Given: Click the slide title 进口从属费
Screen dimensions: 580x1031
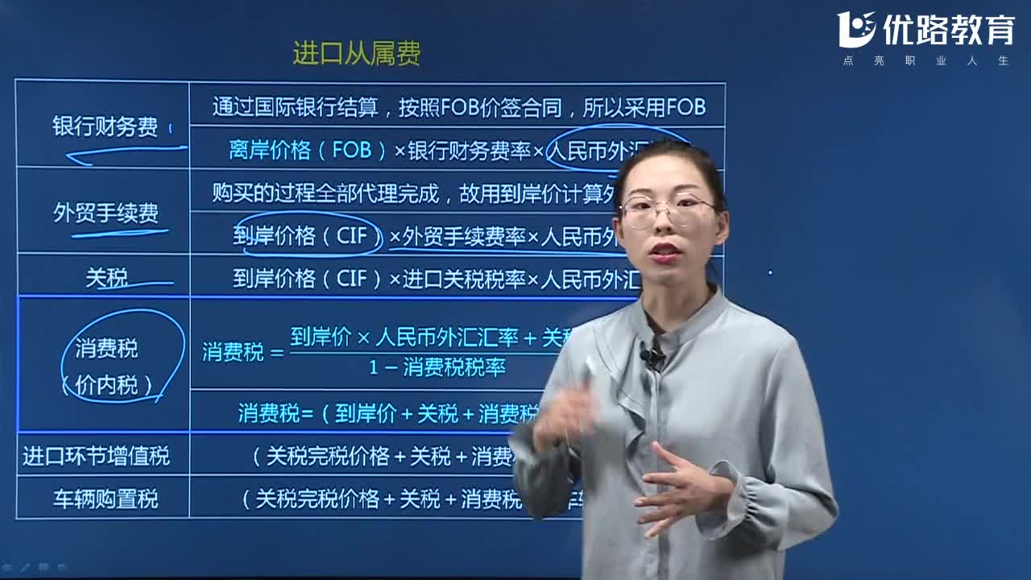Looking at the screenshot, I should click(x=356, y=54).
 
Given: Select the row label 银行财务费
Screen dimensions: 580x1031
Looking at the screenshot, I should click(x=105, y=127).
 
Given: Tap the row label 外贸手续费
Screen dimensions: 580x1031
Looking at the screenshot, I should click(x=106, y=213).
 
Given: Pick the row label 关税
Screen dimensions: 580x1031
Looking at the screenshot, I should click(x=106, y=279).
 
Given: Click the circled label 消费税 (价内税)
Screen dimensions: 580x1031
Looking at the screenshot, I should click(x=106, y=367).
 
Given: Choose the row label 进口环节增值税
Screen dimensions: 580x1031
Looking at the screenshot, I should click(x=96, y=457).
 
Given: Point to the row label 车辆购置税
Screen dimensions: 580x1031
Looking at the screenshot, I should click(x=106, y=499).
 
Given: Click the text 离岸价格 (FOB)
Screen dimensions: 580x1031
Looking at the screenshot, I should click(x=309, y=151).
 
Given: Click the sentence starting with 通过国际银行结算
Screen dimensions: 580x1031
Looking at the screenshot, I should click(x=458, y=107).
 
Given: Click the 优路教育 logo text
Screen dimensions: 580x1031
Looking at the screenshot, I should click(x=948, y=30).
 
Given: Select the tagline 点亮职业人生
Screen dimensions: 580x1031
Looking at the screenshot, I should click(x=925, y=60).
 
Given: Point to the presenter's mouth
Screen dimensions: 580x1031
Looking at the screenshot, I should click(x=665, y=254).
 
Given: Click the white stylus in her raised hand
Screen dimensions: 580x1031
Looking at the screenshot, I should click(x=590, y=367).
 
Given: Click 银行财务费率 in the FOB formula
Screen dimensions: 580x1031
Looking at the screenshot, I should click(x=469, y=151).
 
